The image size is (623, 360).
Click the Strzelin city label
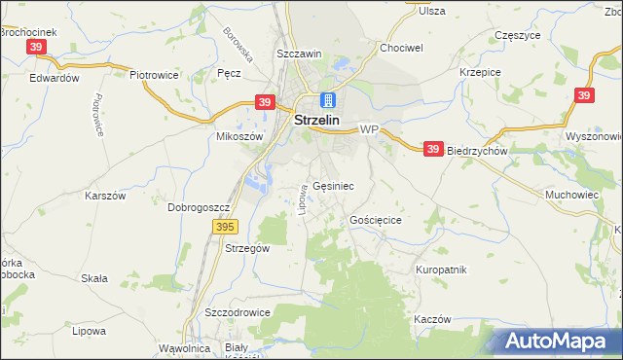(316, 122)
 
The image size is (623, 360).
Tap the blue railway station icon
(328, 100)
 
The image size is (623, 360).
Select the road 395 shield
(225, 227)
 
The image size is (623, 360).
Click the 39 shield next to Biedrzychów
(434, 149)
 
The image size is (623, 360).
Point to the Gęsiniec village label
(333, 185)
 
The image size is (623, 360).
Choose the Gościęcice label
(376, 221)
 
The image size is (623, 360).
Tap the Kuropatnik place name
(442, 270)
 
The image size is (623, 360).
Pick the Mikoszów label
(239, 137)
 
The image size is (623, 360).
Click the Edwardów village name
(54, 78)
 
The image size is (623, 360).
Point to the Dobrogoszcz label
(198, 207)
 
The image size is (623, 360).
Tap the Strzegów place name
(246, 248)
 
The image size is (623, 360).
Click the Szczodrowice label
(237, 313)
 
